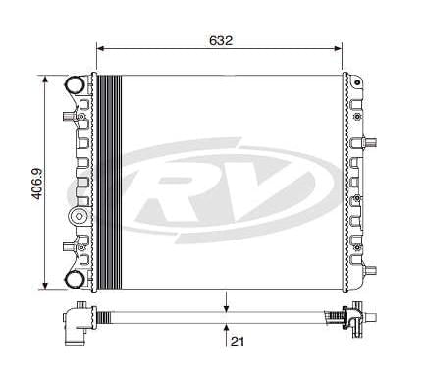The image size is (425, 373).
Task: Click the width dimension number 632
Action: point(220,40)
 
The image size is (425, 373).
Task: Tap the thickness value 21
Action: point(237,341)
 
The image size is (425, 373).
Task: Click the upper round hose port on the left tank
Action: point(75,85)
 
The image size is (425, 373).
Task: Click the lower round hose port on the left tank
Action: point(75,280)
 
